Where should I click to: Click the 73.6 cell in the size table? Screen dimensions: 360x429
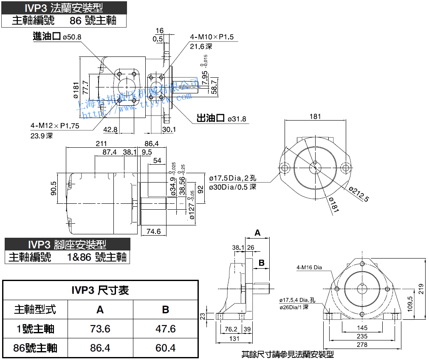pos(100,329)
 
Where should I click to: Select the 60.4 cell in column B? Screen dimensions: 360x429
pos(166,348)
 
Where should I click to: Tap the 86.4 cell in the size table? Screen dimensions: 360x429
pos(100,348)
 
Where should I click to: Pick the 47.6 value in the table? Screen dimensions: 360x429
pos(166,329)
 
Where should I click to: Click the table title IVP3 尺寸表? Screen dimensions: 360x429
pos(100,290)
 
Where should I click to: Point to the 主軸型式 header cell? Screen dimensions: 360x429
pos(35,309)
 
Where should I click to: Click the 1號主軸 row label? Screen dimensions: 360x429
pos(35,329)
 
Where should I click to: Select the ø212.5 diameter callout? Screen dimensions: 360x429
pos(359,194)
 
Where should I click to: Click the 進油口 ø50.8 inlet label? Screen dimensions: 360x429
pos(57,37)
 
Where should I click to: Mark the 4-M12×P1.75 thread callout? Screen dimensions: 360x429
pos(55,126)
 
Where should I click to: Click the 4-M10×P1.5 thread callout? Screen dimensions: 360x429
pos(212,37)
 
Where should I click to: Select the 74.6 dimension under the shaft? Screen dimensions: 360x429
pos(153,231)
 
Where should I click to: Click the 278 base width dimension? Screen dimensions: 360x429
pos(362,345)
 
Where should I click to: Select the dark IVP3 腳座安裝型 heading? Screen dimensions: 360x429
pos(67,245)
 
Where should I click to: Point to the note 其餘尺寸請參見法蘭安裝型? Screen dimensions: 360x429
pos(288,354)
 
